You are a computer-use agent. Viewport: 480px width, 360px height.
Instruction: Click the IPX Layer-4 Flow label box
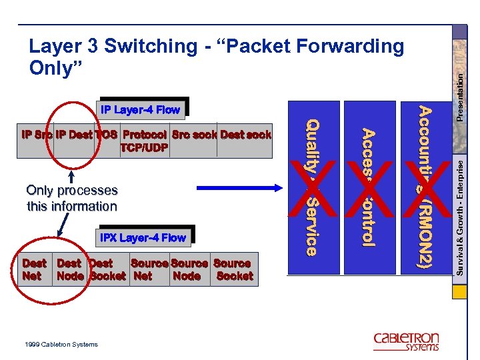[x=143, y=237]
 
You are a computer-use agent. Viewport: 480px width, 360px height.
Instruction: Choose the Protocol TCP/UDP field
[x=145, y=141]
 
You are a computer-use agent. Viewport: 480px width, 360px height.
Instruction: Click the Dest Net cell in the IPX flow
[x=34, y=269]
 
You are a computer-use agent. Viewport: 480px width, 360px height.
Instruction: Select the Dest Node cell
[x=71, y=269]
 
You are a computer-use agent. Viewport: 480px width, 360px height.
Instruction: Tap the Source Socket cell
[x=233, y=269]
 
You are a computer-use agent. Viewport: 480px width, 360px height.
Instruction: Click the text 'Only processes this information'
[x=72, y=198]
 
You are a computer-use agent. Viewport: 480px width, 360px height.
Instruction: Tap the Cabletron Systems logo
[x=406, y=341]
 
